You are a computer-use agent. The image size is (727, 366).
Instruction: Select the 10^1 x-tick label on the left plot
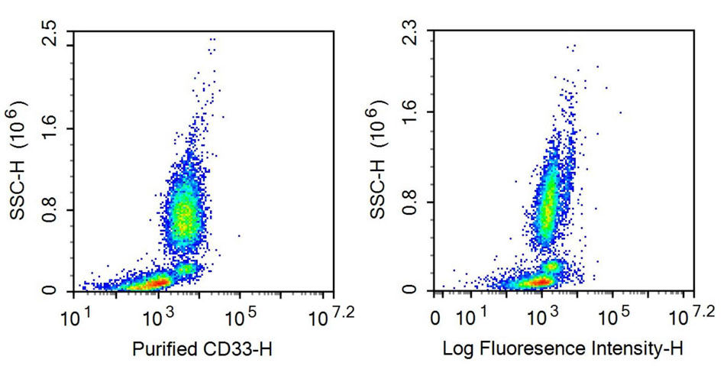coord(79,315)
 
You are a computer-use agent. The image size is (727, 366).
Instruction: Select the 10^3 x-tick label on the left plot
coord(157,315)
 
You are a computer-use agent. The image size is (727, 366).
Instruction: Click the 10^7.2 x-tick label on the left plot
coord(323,313)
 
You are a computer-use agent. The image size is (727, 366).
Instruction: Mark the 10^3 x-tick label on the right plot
coord(540,315)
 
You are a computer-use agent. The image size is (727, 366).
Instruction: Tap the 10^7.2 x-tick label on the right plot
coord(693,313)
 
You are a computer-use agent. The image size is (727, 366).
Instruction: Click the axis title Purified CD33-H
coord(202,349)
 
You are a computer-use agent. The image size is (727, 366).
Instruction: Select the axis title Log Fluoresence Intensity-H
coord(564,349)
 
